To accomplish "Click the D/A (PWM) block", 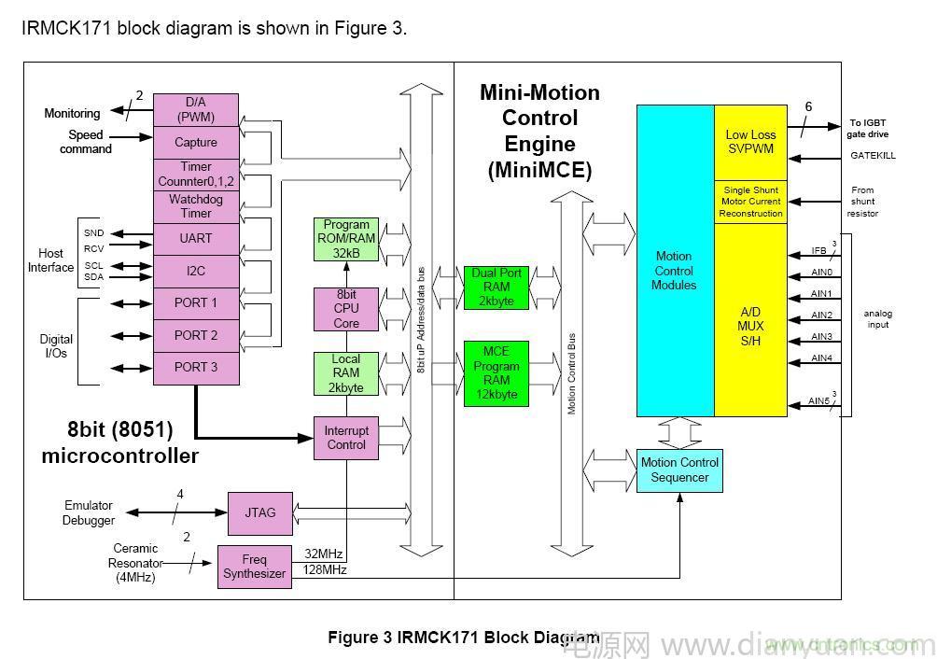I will (x=196, y=109).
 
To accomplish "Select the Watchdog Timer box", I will (x=196, y=206).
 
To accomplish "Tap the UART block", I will (x=196, y=239).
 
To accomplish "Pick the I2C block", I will (x=196, y=271).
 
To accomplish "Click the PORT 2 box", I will (x=196, y=335).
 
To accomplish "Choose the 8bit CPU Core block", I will (x=346, y=309).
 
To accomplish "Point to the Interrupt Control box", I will (x=346, y=438).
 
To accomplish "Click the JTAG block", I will (x=260, y=512).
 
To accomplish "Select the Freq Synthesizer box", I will (x=254, y=567).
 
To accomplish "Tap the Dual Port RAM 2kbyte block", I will (x=496, y=287).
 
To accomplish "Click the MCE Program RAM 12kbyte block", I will (x=496, y=373).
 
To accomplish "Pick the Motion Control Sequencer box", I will (x=679, y=470).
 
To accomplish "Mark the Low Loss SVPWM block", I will (x=750, y=142).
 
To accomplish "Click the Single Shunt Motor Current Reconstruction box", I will (x=750, y=202).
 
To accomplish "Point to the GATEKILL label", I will (x=873, y=156).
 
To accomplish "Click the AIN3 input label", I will (x=821, y=337).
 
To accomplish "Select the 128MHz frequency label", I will (x=325, y=569).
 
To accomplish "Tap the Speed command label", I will (x=86, y=142).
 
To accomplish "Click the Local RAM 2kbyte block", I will (x=346, y=373).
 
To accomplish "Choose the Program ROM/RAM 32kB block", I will (x=346, y=239).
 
